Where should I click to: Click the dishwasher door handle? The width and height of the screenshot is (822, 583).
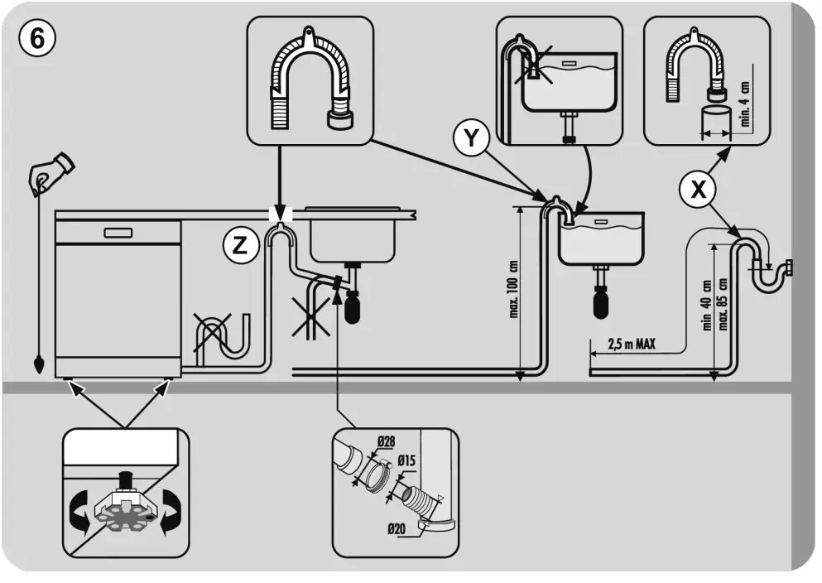tap(118, 231)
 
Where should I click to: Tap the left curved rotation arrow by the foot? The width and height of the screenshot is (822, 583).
tap(80, 508)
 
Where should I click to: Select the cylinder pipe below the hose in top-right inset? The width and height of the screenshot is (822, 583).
tap(715, 122)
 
